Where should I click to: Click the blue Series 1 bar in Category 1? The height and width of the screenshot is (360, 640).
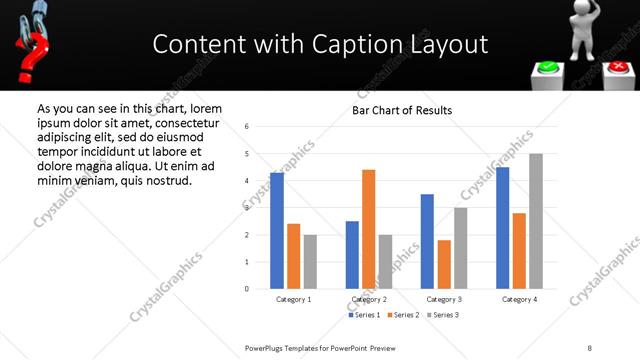tap(277, 231)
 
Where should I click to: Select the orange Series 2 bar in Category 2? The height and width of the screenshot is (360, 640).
tap(368, 229)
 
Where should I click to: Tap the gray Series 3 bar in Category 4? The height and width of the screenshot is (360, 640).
tap(536, 221)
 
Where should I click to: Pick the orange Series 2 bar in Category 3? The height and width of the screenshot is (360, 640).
tap(444, 265)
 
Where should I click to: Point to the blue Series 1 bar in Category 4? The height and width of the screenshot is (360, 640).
tap(502, 228)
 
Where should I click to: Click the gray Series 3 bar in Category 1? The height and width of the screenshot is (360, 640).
tap(310, 262)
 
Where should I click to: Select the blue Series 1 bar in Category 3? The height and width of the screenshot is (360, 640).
tap(427, 241)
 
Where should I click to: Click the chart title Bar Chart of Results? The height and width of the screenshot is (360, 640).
tap(402, 110)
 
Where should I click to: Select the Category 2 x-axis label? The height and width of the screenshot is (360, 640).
tap(370, 299)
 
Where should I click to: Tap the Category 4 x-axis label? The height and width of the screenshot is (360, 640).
tap(519, 299)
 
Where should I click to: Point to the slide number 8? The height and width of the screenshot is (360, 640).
tap(590, 347)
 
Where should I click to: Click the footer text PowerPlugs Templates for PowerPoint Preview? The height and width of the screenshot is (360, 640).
tap(329, 347)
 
